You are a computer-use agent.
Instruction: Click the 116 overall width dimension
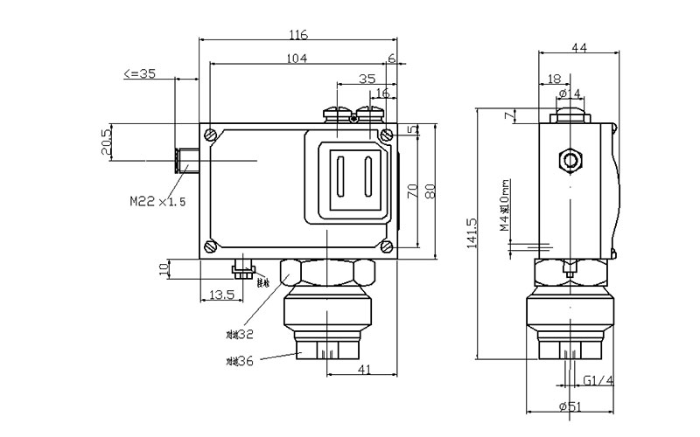click(298, 36)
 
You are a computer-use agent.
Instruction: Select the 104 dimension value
click(298, 58)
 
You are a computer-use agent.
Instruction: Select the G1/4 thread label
click(598, 380)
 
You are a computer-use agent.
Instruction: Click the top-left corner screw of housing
click(210, 134)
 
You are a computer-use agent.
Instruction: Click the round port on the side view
click(571, 160)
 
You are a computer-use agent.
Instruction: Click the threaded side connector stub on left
click(186, 160)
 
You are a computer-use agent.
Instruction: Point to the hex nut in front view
click(325, 276)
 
